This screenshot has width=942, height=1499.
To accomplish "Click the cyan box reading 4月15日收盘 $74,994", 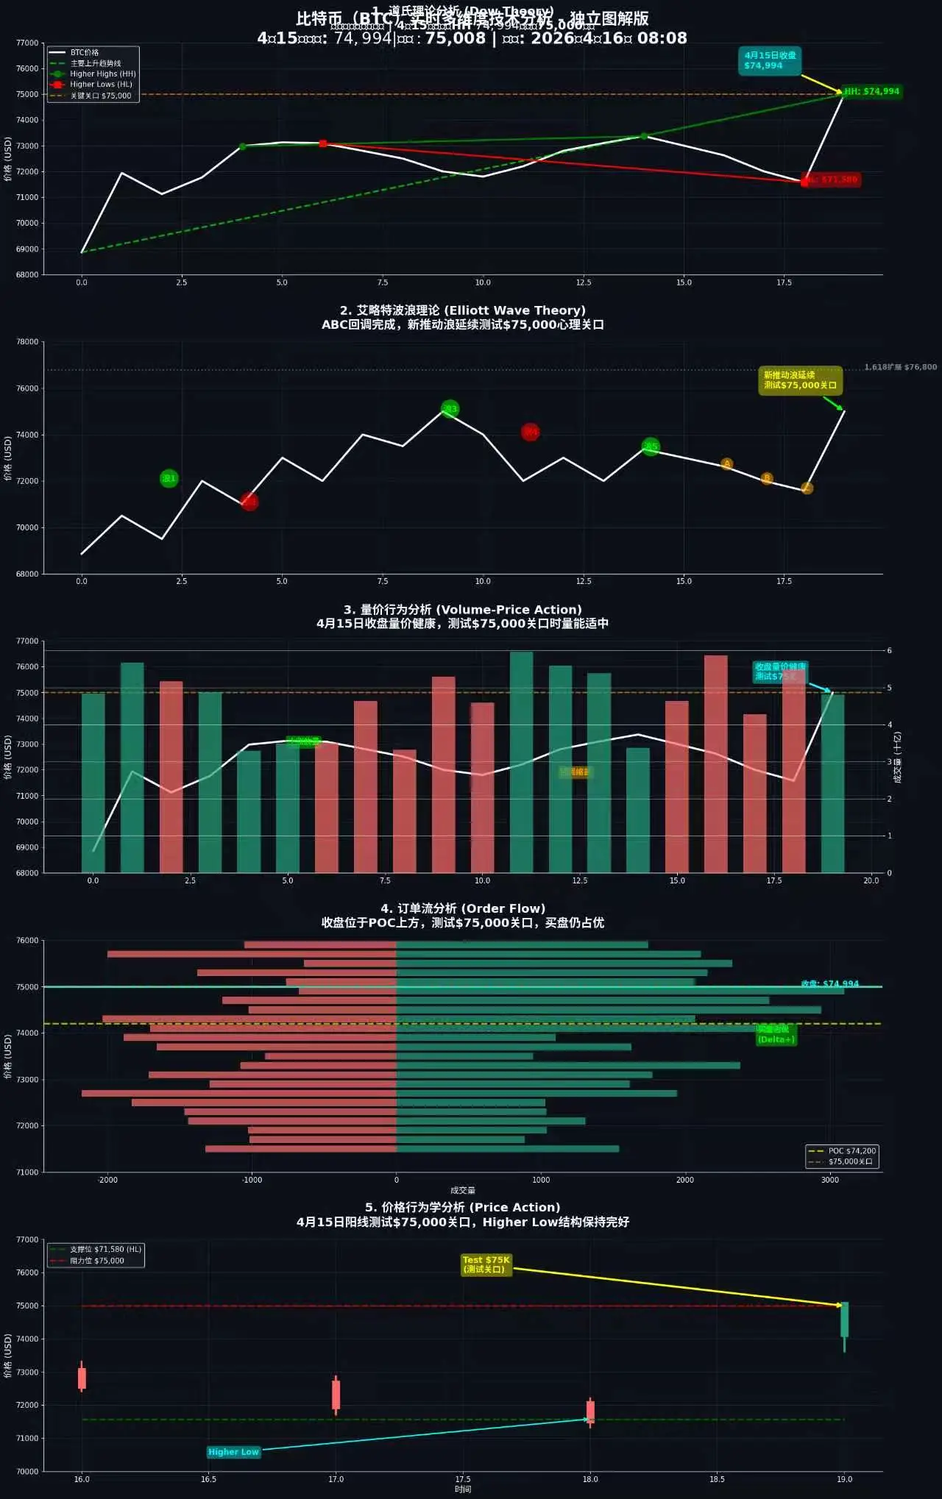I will pyautogui.click(x=769, y=60).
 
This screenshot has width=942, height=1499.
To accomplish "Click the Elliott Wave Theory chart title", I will pyautogui.click(x=462, y=310).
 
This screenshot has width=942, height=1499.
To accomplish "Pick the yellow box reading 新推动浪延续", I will pyautogui.click(x=799, y=380).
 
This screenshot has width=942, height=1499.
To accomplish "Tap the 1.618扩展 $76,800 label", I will pyautogui.click(x=900, y=367).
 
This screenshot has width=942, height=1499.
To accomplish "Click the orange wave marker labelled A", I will pyautogui.click(x=726, y=463).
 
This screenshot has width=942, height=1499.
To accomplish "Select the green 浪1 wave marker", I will pyautogui.click(x=169, y=478).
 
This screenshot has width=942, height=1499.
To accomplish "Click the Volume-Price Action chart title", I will pyautogui.click(x=462, y=610).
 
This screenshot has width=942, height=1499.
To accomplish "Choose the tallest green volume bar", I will pyautogui.click(x=521, y=761).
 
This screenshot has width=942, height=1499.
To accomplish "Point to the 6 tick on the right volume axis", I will pyautogui.click(x=889, y=650).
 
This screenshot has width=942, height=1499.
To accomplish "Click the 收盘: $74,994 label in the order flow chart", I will pyautogui.click(x=829, y=983).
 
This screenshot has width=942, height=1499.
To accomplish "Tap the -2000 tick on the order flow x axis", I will pyautogui.click(x=107, y=1180).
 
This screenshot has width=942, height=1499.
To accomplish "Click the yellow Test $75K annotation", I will pyautogui.click(x=486, y=1264).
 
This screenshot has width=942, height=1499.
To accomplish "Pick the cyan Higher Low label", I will pyautogui.click(x=233, y=1452).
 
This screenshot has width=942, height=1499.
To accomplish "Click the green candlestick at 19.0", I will pyautogui.click(x=844, y=1320).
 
